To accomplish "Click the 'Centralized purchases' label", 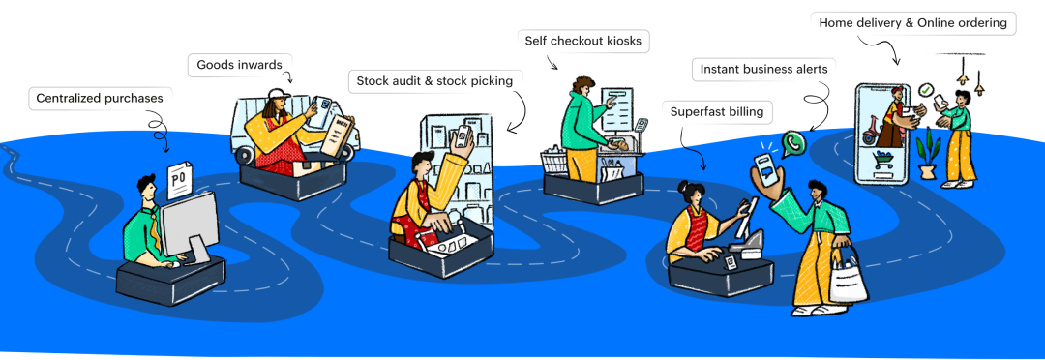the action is (100, 98).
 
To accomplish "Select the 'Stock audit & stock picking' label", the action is (434, 81).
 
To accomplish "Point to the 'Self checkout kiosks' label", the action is (583, 41).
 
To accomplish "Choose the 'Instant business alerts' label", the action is (763, 69).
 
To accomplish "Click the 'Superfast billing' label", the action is (716, 111).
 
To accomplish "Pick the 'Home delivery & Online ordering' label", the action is (912, 23).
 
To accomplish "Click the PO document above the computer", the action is (179, 180).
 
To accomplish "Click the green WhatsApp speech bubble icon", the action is (792, 142).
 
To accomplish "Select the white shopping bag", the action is (849, 279).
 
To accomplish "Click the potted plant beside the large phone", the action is (928, 153).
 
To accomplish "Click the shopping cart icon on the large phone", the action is (883, 160).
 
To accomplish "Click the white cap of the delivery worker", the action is (280, 94).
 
